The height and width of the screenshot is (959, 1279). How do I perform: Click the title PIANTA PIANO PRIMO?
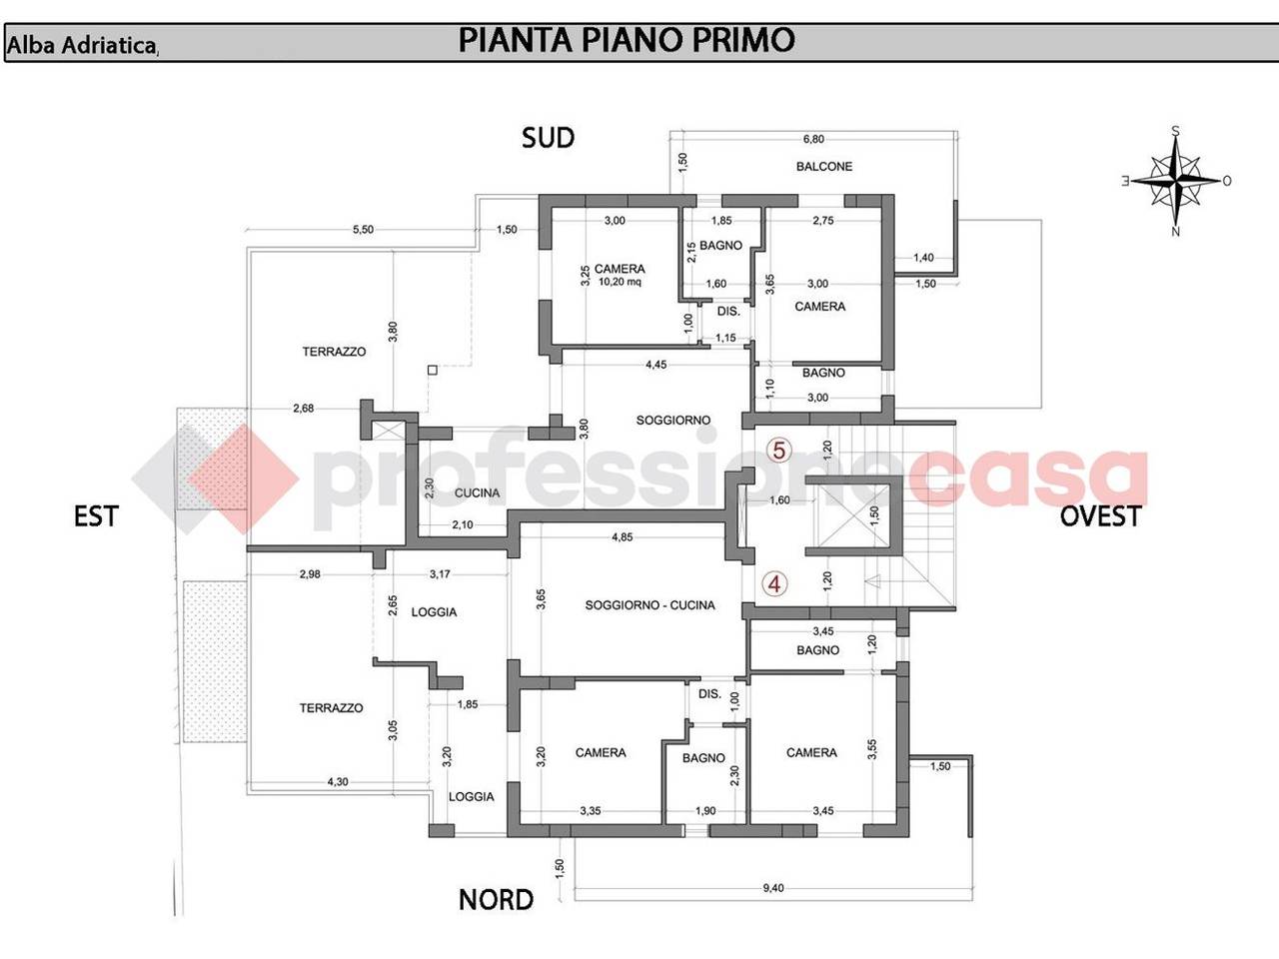tap(627, 40)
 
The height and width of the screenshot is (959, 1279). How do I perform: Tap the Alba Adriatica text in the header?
tap(81, 45)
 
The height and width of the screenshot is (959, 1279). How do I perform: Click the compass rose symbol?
tap(1176, 181)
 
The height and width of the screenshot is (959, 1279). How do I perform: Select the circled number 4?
tap(774, 584)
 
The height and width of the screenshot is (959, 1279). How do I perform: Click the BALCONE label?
tap(824, 167)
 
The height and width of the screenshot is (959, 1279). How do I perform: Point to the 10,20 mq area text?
tap(620, 282)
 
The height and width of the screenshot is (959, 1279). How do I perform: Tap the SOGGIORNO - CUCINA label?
tap(649, 605)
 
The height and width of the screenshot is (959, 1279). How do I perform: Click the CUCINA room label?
tap(477, 493)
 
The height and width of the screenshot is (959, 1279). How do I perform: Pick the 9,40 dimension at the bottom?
tap(773, 888)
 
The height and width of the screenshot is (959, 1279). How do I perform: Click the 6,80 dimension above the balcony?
tap(813, 139)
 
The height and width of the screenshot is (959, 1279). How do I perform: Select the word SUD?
tap(548, 138)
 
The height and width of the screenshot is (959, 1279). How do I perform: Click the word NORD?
tap(496, 900)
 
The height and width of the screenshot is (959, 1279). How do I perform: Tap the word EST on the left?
tap(96, 516)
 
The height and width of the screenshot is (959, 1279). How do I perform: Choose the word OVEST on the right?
tap(1100, 516)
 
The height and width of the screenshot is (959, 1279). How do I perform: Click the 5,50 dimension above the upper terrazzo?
tap(363, 230)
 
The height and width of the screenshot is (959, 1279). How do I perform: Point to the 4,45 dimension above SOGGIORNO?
tap(656, 365)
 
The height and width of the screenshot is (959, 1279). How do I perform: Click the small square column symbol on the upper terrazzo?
tap(433, 370)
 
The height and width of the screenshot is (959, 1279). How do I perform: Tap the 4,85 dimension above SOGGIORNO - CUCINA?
tap(623, 536)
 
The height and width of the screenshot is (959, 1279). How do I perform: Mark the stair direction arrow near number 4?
tap(872, 580)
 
